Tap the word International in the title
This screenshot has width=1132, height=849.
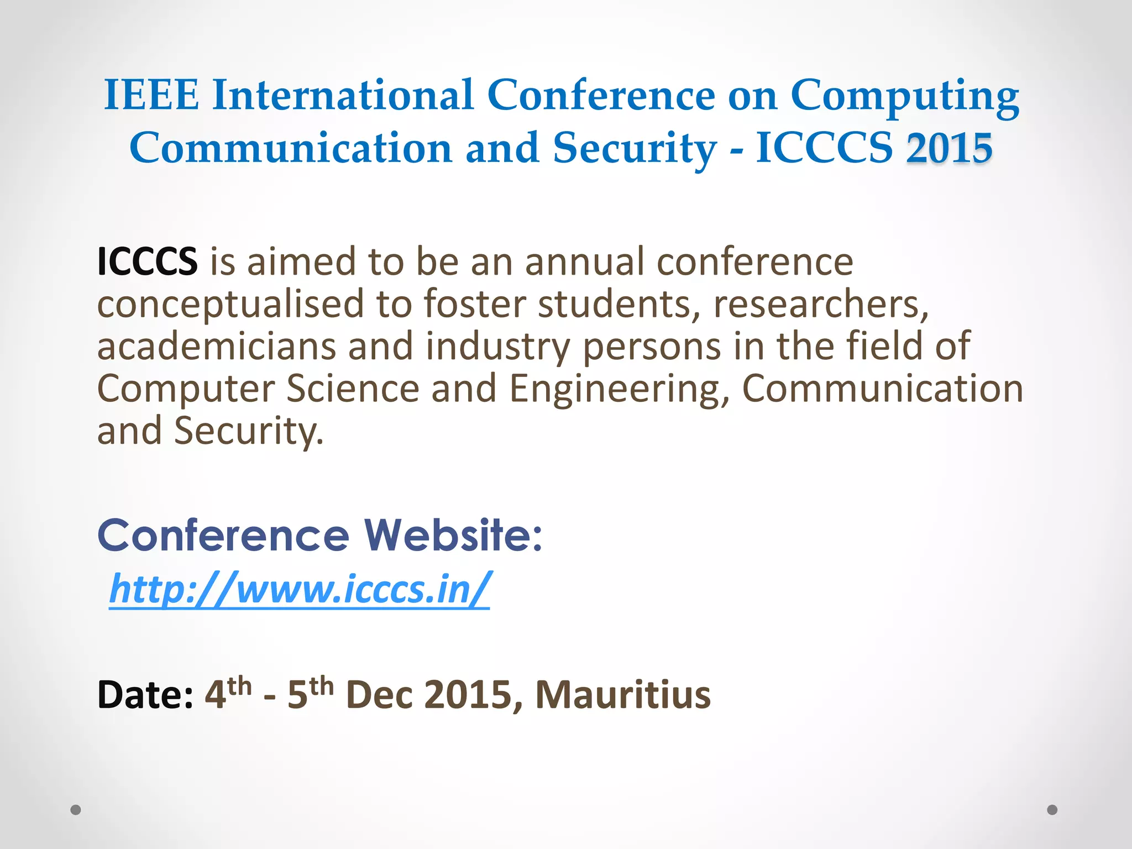[x=343, y=95]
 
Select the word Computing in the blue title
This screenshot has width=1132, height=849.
[x=905, y=97]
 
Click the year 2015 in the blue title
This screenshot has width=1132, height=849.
[x=949, y=148]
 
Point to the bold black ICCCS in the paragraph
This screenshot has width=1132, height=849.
[x=147, y=261]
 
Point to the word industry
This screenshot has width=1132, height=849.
[x=497, y=347]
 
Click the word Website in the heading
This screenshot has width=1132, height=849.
[x=453, y=535]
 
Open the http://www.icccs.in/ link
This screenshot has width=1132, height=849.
[x=299, y=589]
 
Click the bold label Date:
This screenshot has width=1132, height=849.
[x=145, y=695]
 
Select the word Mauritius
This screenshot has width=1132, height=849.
[x=623, y=695]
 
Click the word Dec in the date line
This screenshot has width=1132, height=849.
[x=379, y=695]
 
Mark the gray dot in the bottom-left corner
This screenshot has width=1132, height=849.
[x=76, y=810]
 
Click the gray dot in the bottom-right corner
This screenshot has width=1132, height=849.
[x=1052, y=810]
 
